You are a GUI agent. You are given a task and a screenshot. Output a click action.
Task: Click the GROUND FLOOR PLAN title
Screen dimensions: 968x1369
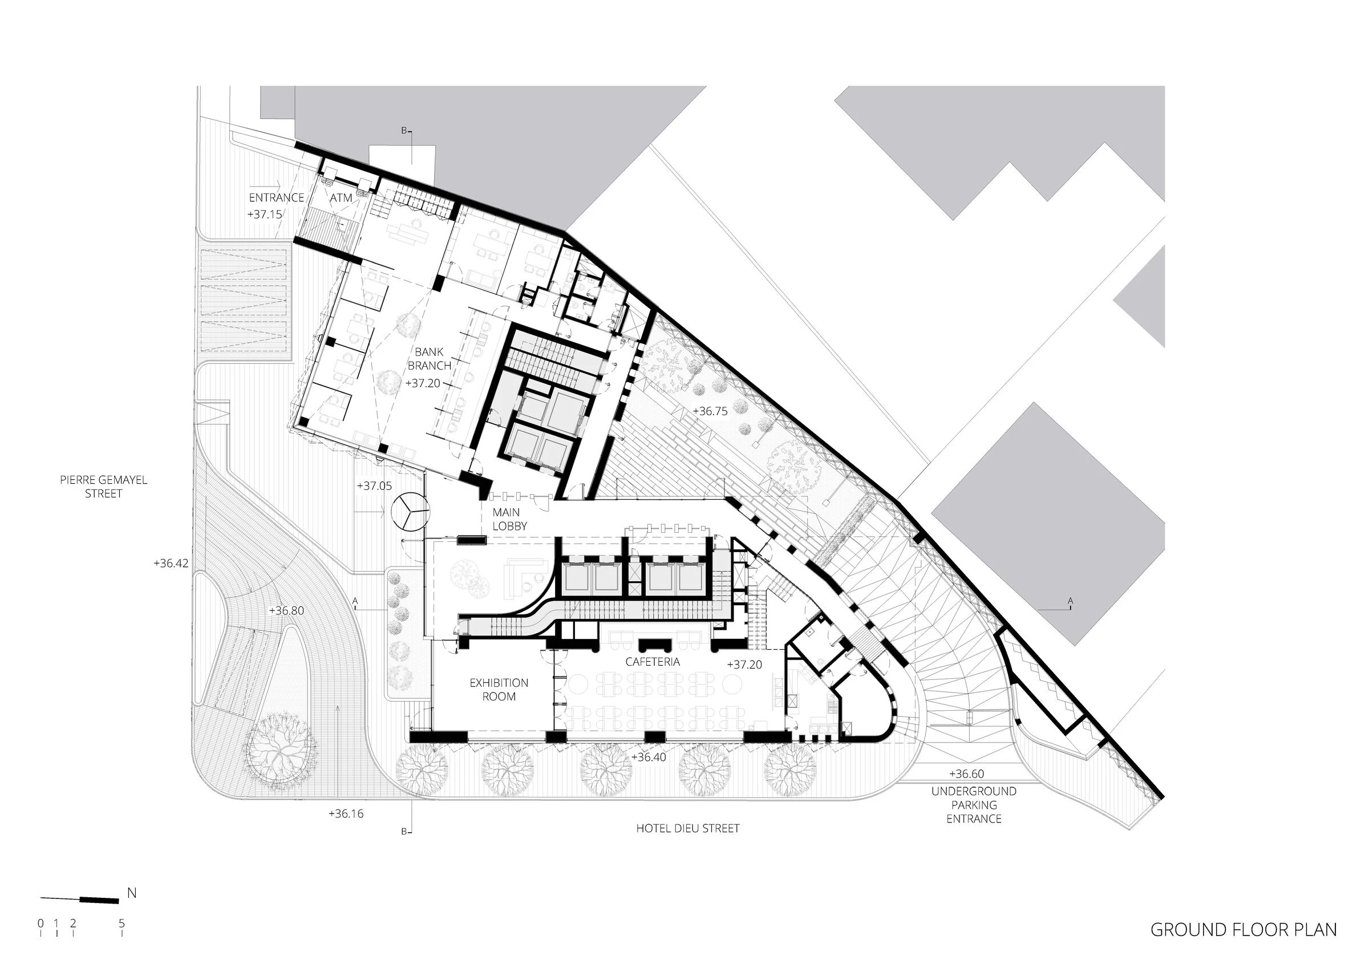click(1243, 929)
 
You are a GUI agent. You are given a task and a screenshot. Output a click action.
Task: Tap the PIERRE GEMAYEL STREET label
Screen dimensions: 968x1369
click(103, 487)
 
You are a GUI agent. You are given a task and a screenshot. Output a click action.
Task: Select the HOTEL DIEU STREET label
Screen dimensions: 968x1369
click(687, 828)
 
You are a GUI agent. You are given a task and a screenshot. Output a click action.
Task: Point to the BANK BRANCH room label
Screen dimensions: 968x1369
click(430, 359)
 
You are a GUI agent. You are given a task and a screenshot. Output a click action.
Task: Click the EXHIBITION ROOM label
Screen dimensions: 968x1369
click(499, 690)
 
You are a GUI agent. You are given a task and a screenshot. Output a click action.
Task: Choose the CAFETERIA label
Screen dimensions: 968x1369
click(653, 662)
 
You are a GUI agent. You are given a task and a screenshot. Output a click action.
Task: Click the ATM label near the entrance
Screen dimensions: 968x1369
click(341, 197)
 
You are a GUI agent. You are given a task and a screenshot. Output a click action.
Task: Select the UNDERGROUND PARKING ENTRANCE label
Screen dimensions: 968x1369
click(974, 805)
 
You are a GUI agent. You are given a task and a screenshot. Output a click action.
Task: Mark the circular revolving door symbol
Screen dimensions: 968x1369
click(411, 511)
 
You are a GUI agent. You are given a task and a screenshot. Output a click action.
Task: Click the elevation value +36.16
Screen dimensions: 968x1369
click(346, 813)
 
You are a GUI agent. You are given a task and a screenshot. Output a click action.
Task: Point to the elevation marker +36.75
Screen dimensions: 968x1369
click(710, 411)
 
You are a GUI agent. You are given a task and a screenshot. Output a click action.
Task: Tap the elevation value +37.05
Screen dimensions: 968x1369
click(374, 486)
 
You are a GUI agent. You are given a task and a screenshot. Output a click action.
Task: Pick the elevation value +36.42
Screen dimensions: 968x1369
click(171, 563)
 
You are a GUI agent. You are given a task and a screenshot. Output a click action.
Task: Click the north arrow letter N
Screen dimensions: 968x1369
click(132, 893)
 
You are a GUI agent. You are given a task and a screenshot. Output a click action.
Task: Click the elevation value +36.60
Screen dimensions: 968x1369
click(966, 774)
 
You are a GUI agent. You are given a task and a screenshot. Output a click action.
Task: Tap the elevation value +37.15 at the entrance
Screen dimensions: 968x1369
click(265, 214)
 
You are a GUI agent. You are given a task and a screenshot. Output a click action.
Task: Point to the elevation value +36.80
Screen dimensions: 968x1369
click(286, 611)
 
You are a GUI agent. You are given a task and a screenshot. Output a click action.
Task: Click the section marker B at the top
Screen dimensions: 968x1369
click(404, 131)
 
